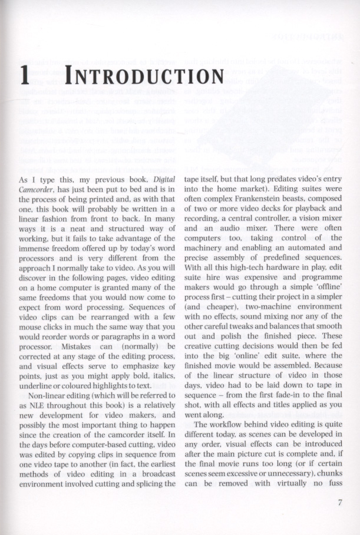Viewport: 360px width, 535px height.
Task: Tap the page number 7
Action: pyautogui.click(x=340, y=502)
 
